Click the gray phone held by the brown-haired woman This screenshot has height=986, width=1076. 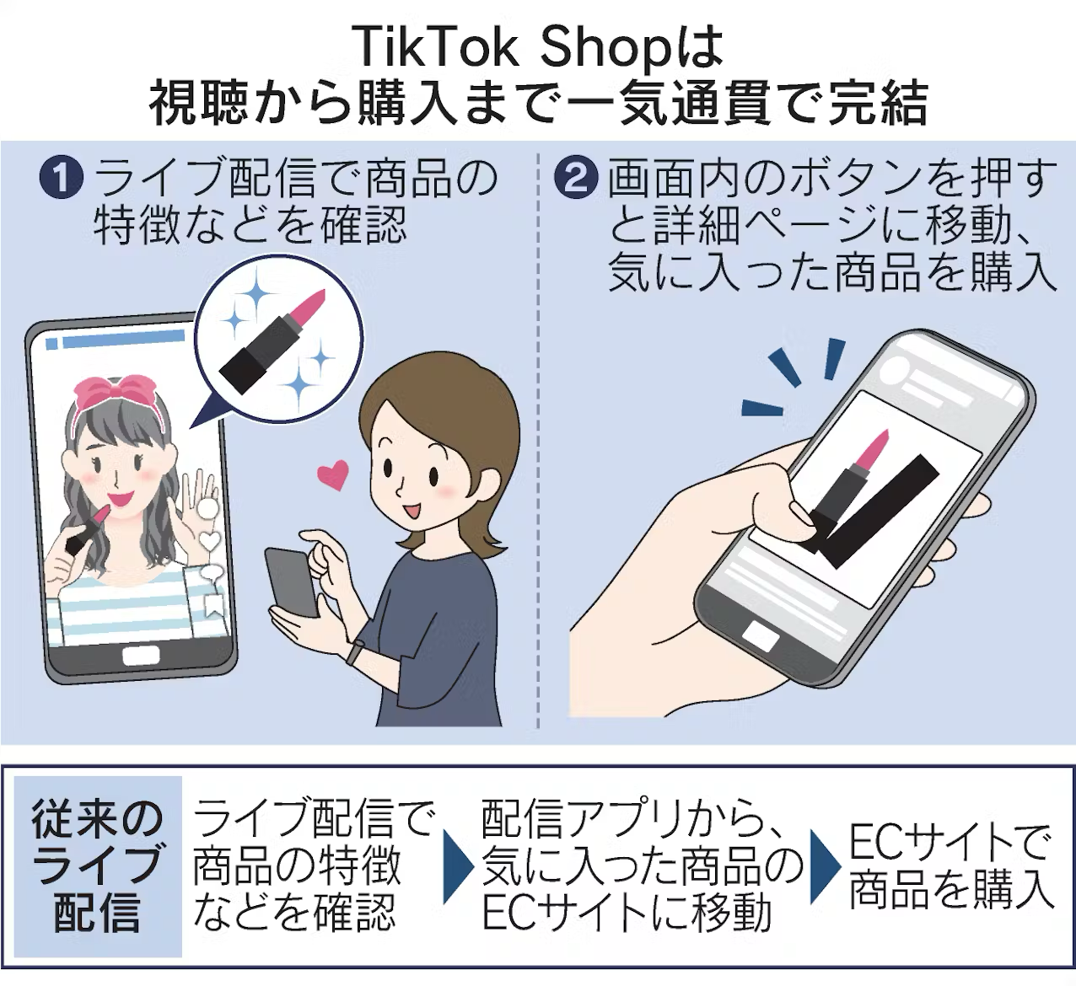tap(292, 581)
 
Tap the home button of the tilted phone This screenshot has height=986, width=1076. tap(760, 637)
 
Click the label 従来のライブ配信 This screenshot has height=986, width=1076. tap(96, 866)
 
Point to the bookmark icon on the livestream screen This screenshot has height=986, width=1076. tap(213, 604)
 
